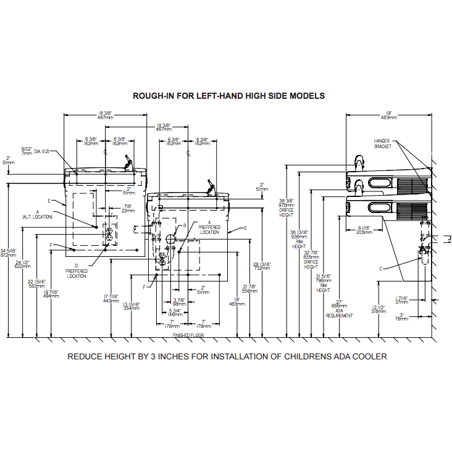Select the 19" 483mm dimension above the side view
[388, 115]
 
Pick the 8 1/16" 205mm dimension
[364, 231]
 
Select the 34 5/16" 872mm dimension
[9, 253]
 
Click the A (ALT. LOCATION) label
[38, 215]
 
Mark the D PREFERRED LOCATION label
[77, 270]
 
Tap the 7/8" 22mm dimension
[128, 209]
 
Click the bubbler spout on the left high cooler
[128, 161]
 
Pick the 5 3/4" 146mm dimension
[175, 312]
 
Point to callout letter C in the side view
[381, 267]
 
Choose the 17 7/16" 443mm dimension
[111, 299]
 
